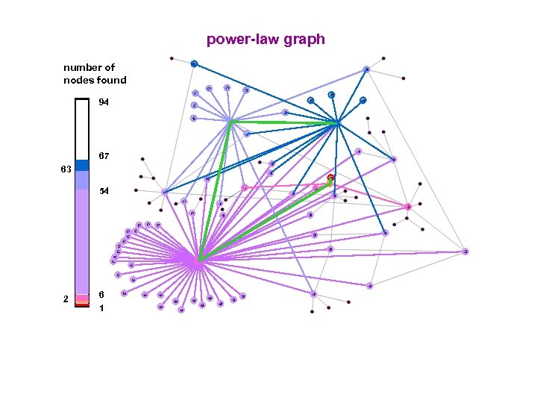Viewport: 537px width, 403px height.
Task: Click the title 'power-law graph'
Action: coord(266,39)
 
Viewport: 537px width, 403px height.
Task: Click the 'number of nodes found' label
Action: coord(95,74)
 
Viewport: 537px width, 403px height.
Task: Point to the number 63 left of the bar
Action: coord(65,169)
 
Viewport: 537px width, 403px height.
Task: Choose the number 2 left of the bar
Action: coord(66,299)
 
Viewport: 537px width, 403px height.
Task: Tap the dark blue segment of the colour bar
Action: coord(82,165)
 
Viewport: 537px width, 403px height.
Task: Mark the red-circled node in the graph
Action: coord(330,178)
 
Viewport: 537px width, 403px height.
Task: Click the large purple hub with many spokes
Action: coord(198,261)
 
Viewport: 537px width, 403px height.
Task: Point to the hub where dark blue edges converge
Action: coord(338,122)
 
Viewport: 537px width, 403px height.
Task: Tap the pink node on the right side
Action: coord(408,207)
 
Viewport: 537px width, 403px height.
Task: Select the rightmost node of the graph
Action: coord(465,252)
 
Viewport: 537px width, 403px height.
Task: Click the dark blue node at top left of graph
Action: coord(193,64)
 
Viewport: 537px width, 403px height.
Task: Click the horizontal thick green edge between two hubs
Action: coord(283,122)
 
